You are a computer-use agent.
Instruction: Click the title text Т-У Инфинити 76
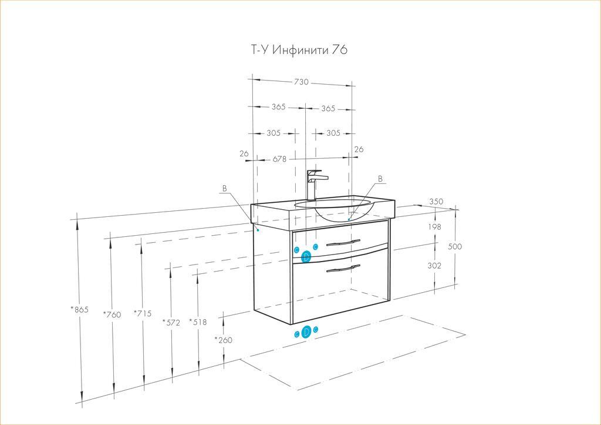point(299,50)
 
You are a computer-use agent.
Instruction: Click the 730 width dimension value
point(301,82)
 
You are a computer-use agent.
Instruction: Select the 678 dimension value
point(279,159)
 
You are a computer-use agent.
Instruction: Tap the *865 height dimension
point(80,309)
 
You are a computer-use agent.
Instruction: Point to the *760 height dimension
point(112,314)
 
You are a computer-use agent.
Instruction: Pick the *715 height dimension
point(143,313)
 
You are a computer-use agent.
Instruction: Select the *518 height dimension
point(198,322)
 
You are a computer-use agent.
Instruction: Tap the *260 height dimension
point(224,340)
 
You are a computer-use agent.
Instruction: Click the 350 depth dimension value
point(436,202)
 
